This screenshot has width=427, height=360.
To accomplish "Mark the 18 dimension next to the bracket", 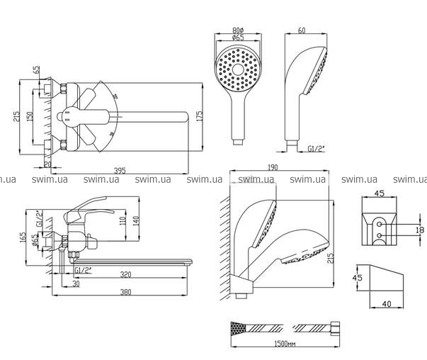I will pyautogui.click(x=419, y=229).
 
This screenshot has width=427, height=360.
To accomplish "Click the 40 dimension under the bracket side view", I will pyautogui.click(x=386, y=305).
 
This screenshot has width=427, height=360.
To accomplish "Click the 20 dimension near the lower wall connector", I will pyautogui.click(x=47, y=164).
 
